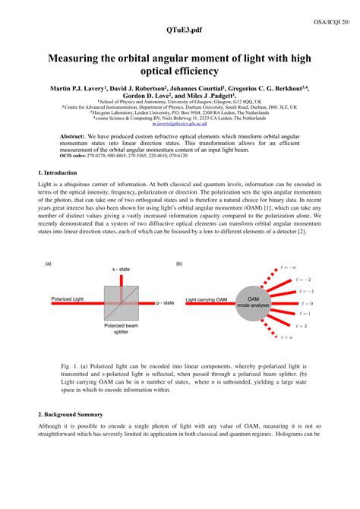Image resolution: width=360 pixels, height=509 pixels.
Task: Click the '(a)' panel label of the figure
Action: [48, 264]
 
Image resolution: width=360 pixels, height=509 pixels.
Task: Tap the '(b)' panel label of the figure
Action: [179, 264]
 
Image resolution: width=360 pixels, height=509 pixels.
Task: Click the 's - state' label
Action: [120, 270]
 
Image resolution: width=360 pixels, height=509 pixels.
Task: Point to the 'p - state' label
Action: [165, 302]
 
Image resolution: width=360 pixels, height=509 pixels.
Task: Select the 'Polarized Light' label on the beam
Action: [68, 299]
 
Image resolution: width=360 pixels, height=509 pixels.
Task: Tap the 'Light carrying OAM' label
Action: [207, 299]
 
